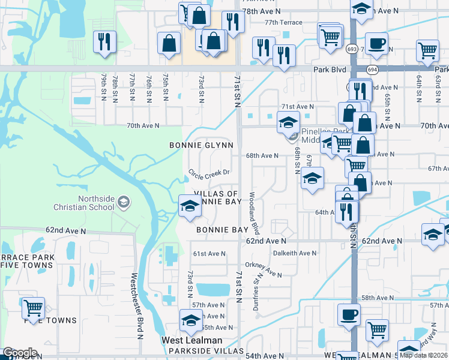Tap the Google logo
(x=20, y=353)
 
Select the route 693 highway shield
(x=352, y=48)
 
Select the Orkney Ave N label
(x=263, y=269)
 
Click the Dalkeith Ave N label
(x=294, y=253)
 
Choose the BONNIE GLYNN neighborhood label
(x=201, y=145)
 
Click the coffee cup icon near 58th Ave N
(x=349, y=314)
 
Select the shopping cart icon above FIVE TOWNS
(x=33, y=308)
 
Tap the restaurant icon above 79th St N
(x=104, y=41)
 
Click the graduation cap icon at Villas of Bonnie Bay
(x=190, y=206)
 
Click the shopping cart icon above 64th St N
(x=427, y=51)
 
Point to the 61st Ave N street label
(x=209, y=254)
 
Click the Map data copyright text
(x=424, y=355)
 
